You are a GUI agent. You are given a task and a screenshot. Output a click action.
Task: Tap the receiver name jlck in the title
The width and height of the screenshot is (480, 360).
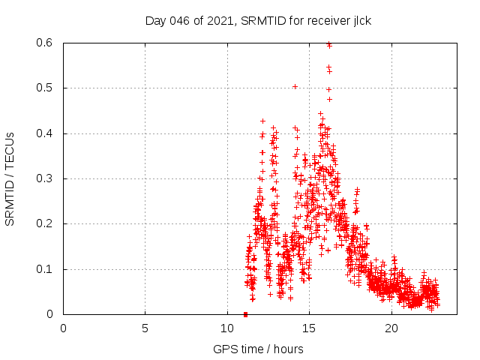pos(359,20)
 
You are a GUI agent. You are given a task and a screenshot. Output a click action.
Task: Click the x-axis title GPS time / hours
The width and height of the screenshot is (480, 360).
pos(258,349)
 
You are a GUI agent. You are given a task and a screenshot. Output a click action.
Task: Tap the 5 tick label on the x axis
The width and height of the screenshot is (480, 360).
pos(145,328)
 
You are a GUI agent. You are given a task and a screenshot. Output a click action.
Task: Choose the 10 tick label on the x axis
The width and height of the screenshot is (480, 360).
pos(227,328)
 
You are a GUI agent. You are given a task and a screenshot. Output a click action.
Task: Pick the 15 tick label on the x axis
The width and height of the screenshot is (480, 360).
pos(309,328)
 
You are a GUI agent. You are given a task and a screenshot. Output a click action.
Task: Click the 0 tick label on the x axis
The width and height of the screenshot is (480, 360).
pos(63,328)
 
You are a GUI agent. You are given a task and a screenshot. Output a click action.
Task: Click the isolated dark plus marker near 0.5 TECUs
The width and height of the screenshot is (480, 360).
pos(295,87)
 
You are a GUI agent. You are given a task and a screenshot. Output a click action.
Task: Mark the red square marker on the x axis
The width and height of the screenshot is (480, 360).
pos(246,314)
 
